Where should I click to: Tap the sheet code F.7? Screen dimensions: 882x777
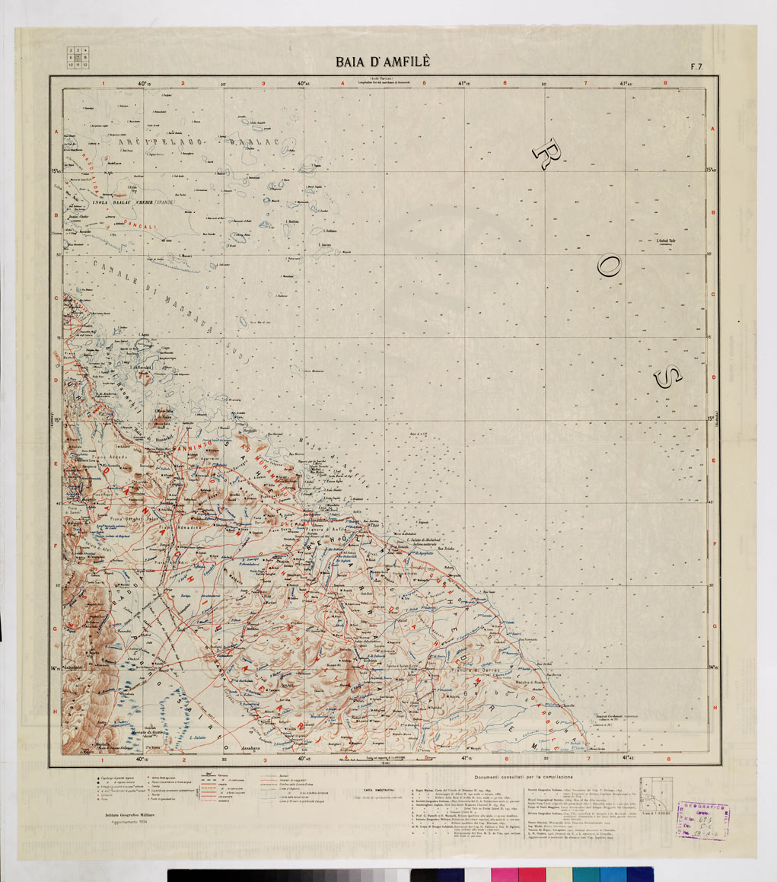click(x=696, y=66)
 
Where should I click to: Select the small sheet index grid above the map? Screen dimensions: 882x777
click(x=78, y=58)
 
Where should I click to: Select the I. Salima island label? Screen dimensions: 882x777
click(x=330, y=230)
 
